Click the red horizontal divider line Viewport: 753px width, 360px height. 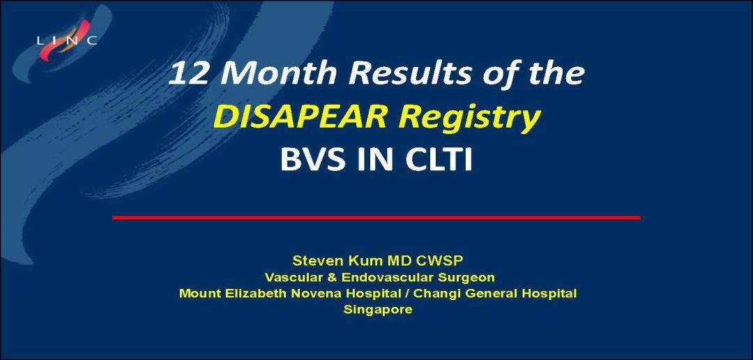376,218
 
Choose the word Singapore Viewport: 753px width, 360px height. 377,310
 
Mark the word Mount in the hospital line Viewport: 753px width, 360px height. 199,293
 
